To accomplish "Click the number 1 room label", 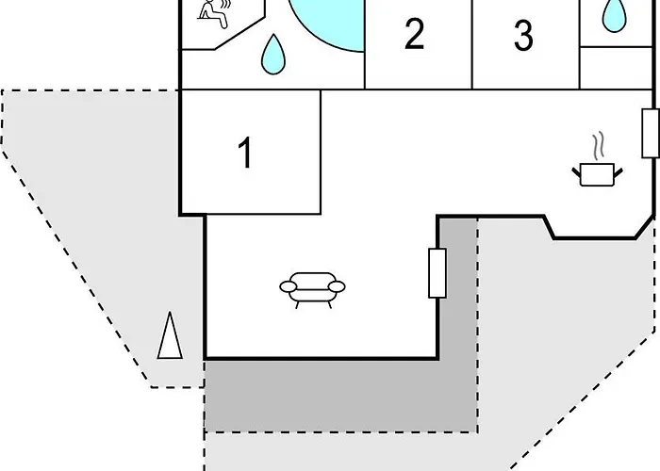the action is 246,153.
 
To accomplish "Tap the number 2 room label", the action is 414,35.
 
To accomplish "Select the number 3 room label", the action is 523,36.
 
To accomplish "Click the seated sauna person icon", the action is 213,14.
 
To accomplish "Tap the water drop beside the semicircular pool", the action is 273,55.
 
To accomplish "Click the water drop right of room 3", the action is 614,16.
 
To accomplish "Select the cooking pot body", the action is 597,175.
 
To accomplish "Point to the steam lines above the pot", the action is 599,145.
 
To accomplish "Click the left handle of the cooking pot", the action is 576,172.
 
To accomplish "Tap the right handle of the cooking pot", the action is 619,172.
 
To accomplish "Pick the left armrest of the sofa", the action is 289,286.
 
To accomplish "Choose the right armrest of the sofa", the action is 337,286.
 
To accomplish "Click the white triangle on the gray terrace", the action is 170,335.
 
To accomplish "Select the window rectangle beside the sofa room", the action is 437,273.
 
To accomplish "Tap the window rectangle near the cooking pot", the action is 651,134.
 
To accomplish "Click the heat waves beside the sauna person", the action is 226,4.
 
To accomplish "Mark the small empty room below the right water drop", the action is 616,68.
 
